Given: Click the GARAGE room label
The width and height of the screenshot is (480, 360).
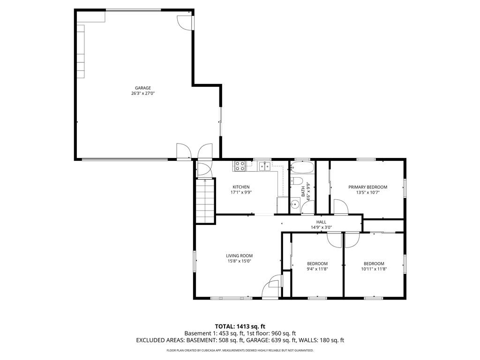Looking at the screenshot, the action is point(143,88).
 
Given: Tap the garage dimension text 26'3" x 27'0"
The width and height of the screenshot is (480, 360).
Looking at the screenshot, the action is point(143,94).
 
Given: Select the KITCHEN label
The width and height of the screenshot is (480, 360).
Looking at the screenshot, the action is point(241,187).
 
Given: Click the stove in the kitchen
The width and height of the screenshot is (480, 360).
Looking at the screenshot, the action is point(240,165).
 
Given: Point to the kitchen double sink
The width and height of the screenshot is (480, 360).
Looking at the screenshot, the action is point(265,165).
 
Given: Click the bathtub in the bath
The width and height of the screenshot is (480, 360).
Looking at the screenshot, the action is point(302,167).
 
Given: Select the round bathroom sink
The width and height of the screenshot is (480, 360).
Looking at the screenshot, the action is point(295,203).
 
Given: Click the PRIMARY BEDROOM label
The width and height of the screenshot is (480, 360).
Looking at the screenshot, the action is point(367,187).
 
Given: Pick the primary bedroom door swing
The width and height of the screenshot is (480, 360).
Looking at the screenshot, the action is point(341,207).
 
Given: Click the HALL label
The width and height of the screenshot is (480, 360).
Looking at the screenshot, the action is point(321,222).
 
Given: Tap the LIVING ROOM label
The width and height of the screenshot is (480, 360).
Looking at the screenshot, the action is point(240,256).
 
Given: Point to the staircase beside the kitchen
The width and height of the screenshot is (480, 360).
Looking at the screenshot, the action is point(205,201).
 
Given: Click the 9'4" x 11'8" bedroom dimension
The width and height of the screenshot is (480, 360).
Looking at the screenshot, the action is point(317,269).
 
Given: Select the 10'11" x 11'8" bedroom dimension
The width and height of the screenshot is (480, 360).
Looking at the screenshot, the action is point(374,269).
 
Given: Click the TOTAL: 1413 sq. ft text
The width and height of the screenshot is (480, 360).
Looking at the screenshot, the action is point(240,326).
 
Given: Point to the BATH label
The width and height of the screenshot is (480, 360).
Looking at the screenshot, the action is point(303,192).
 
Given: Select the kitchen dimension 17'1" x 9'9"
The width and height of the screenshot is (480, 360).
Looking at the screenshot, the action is point(241,193).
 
